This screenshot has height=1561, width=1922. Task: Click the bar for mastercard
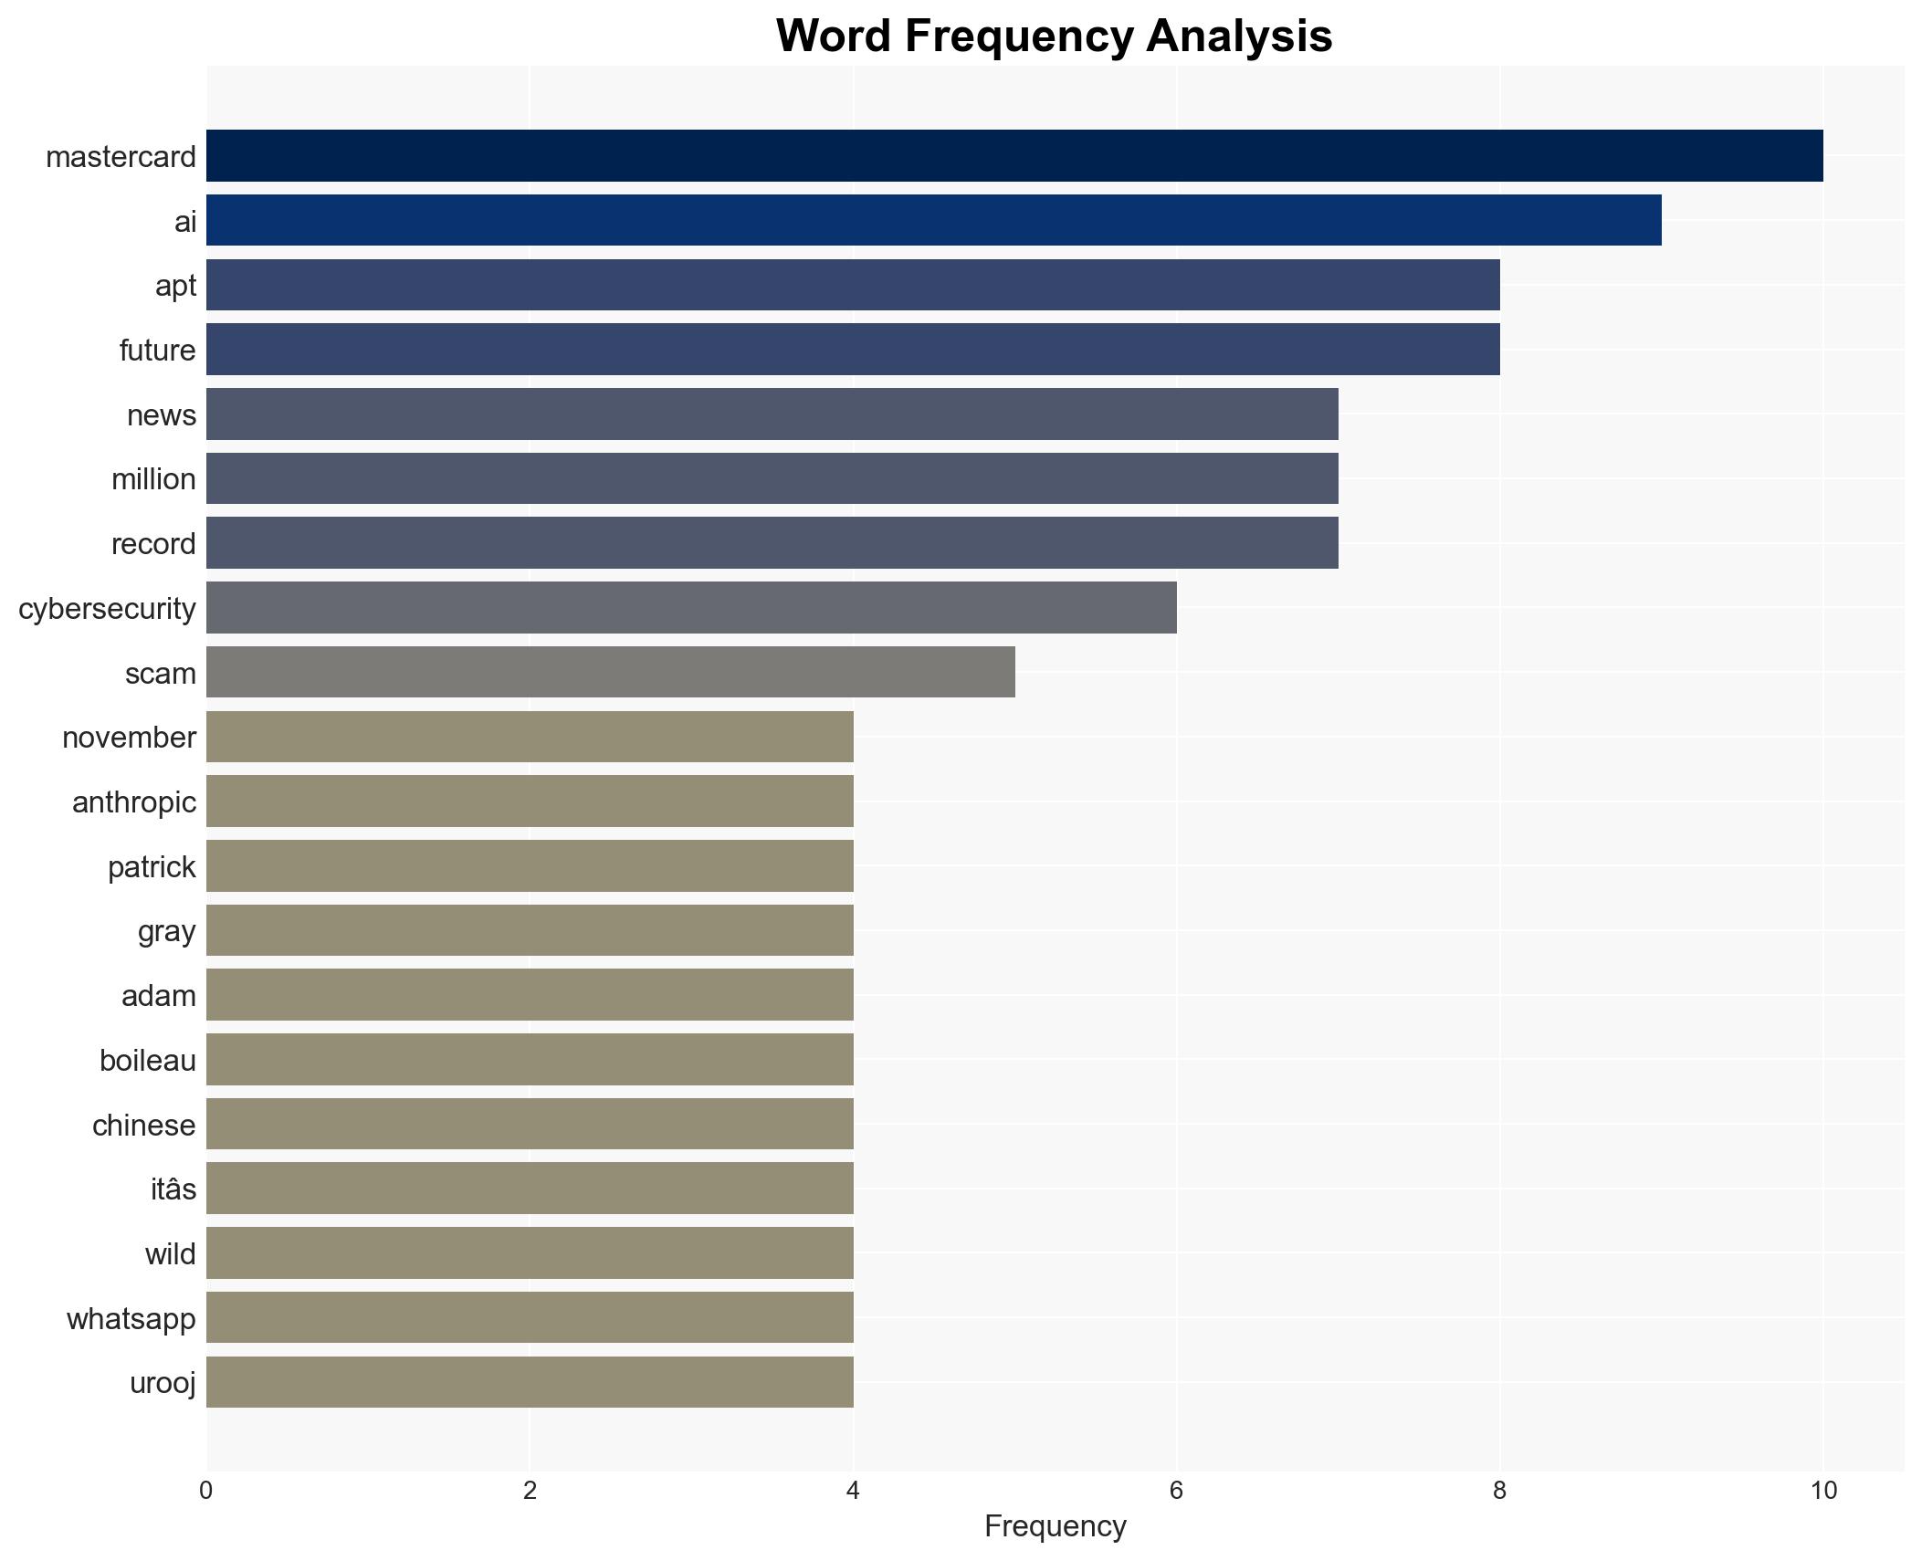(1014, 156)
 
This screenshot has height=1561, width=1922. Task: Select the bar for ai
(933, 221)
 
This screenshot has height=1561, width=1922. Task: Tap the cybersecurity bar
(691, 608)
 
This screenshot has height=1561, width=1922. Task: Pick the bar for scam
(610, 673)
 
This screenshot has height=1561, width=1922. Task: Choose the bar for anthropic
(530, 801)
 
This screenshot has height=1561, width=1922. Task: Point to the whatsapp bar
(530, 1317)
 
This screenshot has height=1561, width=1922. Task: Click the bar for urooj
(530, 1382)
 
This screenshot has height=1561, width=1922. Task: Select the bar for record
(772, 543)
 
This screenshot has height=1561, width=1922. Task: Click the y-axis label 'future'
(157, 351)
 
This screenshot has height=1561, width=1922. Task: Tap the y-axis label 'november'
(129, 738)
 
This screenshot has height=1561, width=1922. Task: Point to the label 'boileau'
(147, 1061)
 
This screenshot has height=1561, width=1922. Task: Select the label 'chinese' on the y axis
(143, 1126)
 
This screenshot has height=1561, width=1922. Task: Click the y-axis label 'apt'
(175, 286)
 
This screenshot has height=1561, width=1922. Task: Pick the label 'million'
(153, 479)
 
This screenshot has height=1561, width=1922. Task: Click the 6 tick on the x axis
(1176, 1491)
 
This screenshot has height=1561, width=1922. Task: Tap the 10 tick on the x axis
(1822, 1491)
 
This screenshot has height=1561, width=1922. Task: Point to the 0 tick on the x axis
(206, 1491)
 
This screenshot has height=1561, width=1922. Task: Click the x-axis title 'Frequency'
(1055, 1526)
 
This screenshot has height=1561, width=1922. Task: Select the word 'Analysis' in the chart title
(1239, 37)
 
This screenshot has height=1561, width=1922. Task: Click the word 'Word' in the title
(833, 37)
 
